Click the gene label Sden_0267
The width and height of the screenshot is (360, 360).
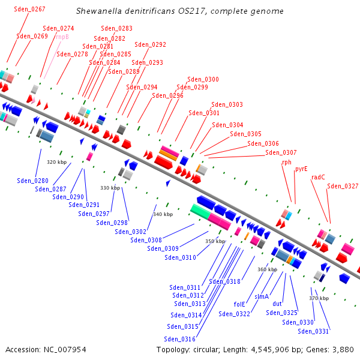pos(29,9)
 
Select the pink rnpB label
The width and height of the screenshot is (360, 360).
pos(62,37)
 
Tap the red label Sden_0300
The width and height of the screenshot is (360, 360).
pos(203,79)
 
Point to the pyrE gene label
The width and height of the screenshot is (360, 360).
pos(301,169)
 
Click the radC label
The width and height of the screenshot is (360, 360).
pos(318,177)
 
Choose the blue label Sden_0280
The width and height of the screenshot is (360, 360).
pos(32,181)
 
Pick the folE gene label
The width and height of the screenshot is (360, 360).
pos(239,304)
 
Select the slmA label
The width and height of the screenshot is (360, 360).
pos(262,296)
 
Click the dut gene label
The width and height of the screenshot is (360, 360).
pos(277,304)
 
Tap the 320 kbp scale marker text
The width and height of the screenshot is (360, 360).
pos(57,162)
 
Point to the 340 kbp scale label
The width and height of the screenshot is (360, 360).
pos(163,214)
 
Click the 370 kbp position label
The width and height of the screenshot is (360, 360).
pos(319,298)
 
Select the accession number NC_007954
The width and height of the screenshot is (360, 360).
pos(65,350)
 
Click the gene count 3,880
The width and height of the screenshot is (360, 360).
pos(343,350)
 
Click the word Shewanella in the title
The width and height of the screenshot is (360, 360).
pos(99,11)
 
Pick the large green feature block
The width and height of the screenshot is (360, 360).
pos(200,211)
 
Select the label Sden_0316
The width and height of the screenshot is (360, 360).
pos(179,339)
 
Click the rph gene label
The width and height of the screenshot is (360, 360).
pos(287,163)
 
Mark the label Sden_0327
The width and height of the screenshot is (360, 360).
pos(343,186)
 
